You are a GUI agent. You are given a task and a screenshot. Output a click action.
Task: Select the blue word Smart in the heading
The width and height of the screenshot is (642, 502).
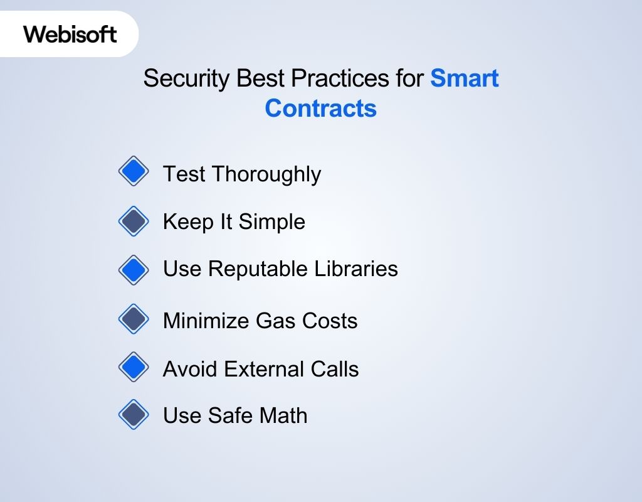click(x=465, y=79)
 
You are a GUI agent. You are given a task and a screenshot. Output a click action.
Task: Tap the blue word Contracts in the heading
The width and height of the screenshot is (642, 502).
click(x=320, y=109)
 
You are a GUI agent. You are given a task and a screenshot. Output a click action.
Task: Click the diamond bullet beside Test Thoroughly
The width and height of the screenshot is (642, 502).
click(x=134, y=171)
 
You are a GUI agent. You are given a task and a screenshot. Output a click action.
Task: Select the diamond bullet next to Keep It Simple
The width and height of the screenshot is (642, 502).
click(x=134, y=221)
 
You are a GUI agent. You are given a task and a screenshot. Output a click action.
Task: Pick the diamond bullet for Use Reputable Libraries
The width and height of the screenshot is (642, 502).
click(x=134, y=270)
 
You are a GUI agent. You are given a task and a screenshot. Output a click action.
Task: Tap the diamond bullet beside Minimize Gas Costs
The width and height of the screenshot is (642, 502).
click(x=134, y=319)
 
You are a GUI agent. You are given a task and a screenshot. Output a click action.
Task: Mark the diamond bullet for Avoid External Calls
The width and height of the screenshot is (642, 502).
click(x=134, y=367)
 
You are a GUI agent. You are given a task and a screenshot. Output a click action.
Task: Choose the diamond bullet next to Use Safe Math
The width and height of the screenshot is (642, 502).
click(x=134, y=415)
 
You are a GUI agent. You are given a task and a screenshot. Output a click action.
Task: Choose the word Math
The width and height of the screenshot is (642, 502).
click(x=283, y=415)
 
